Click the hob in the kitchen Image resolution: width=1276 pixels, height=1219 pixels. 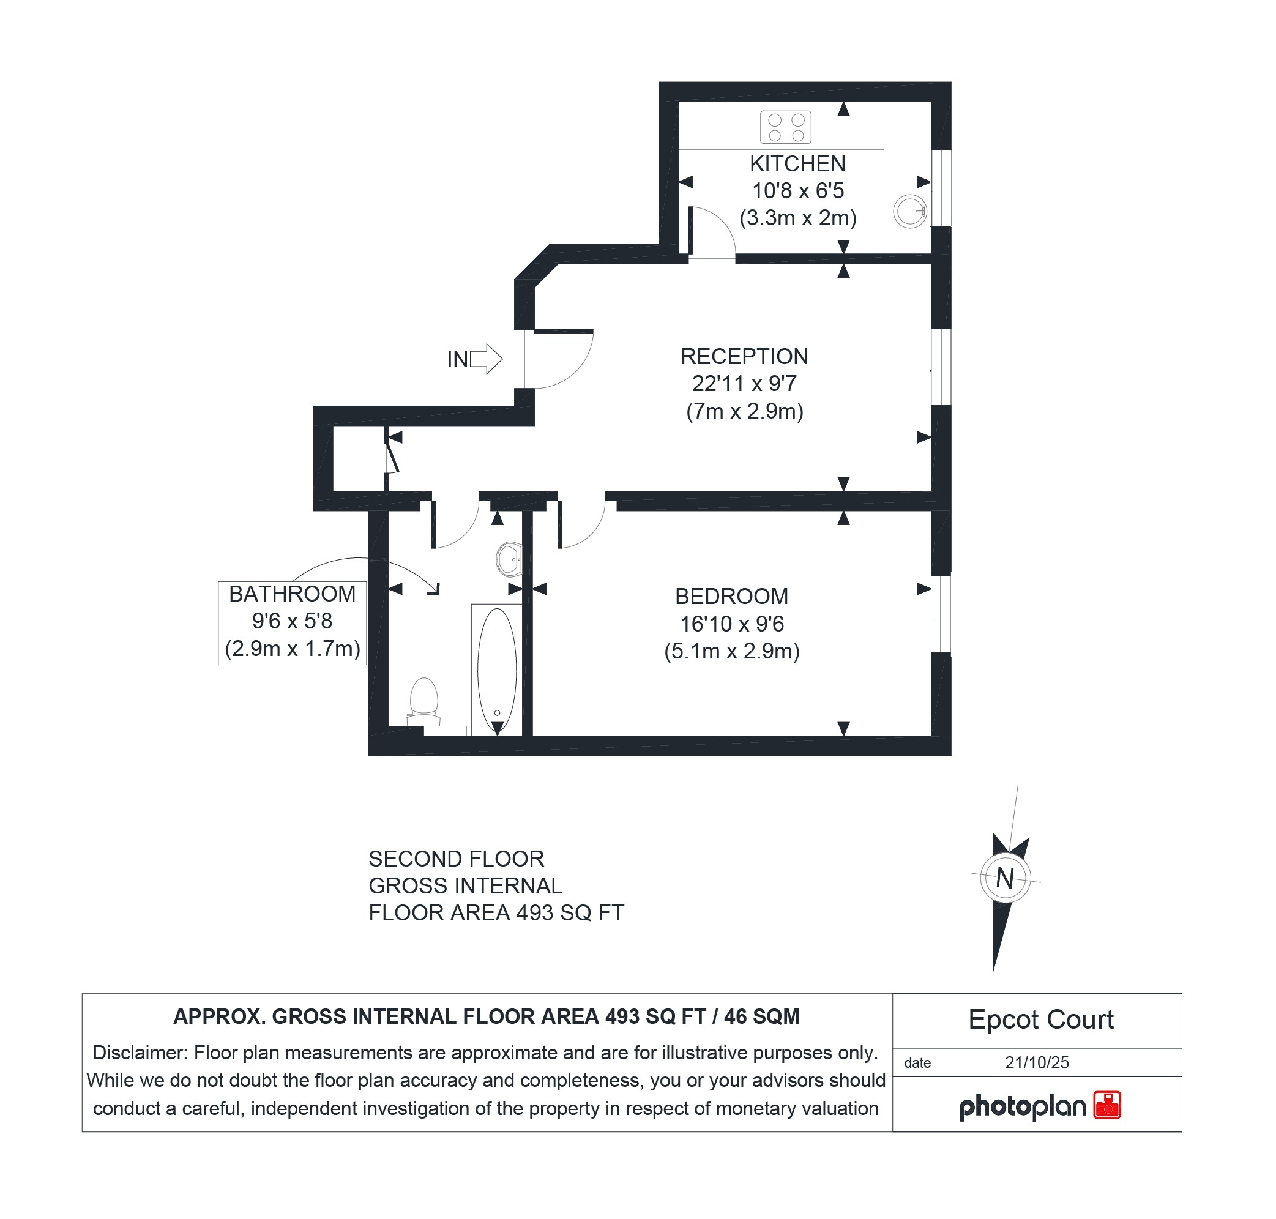click(x=785, y=127)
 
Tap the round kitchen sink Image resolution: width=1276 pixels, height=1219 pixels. click(x=909, y=211)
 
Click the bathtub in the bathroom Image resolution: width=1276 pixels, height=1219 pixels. click(x=496, y=669)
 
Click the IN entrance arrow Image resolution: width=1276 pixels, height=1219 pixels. click(x=485, y=359)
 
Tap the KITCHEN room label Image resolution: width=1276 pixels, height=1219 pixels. click(x=797, y=164)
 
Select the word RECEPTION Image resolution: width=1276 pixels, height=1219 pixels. click(x=744, y=356)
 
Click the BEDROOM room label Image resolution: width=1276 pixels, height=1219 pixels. click(x=731, y=596)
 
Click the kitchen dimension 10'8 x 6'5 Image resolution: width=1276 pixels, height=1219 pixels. click(x=797, y=191)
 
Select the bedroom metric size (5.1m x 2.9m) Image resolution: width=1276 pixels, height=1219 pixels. click(x=731, y=651)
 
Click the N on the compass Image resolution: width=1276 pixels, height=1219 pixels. click(x=1004, y=879)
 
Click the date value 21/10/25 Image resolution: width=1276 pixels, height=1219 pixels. click(x=1036, y=1062)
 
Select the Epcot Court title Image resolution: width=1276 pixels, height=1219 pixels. click(x=1040, y=1020)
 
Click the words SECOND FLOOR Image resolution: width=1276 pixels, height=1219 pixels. click(x=456, y=859)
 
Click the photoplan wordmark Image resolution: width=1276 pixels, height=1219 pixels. click(x=1021, y=1106)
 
